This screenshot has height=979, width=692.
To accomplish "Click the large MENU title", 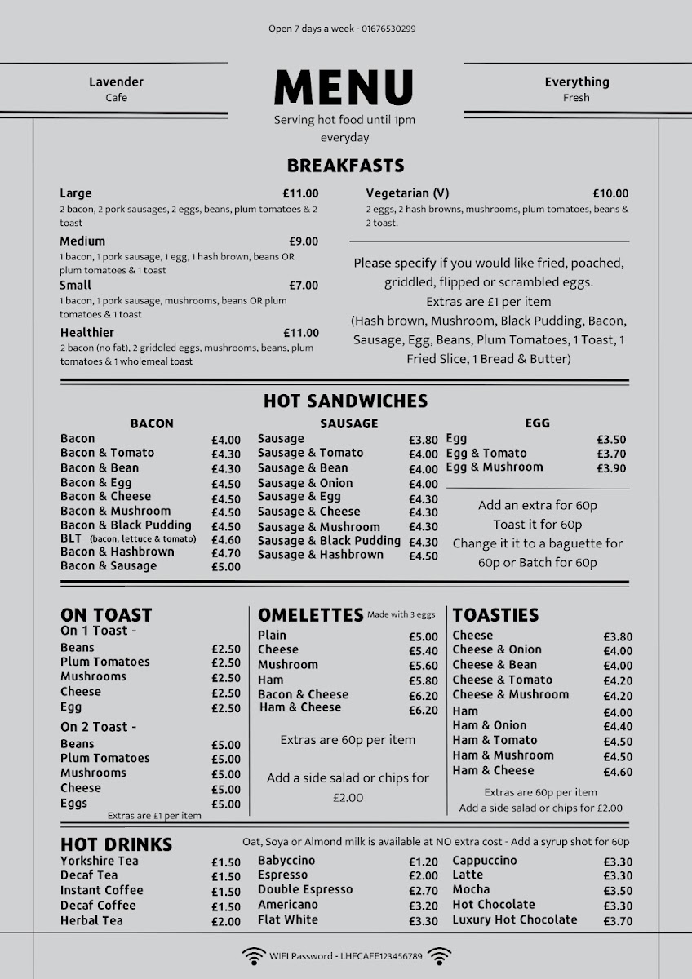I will pos(344,86).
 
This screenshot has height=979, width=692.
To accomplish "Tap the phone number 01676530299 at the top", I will pos(388,29).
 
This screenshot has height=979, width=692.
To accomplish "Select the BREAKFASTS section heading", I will pos(345,166).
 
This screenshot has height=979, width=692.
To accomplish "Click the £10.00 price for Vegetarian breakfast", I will pos(610,194).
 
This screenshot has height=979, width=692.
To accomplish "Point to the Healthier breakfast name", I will pos(86,333).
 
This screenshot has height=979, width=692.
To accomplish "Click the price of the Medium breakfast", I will pos(304,241).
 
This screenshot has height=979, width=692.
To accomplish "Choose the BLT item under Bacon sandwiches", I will pos(71,538).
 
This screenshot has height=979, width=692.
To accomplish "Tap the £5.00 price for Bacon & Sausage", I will pos(226,567).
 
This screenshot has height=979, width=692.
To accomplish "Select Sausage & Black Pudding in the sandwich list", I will pos(329,541).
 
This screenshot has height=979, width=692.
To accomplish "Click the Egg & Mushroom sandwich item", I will pos(494,467).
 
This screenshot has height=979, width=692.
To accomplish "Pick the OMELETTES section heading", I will pos(310,615).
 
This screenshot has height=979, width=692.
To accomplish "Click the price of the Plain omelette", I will pos(423,636).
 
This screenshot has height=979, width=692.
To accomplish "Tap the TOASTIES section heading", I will pos(495,615).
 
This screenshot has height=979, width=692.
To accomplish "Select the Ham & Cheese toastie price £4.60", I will pos(618,772).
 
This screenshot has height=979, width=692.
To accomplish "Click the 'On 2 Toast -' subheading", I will pos(98,726).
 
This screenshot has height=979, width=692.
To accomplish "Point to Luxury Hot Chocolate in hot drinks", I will pos(514,919).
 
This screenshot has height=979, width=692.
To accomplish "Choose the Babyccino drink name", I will pos(286,861).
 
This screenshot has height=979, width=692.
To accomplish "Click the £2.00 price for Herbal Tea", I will pos(226,922).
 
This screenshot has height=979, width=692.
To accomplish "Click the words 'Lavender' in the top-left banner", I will pos(116,82).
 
